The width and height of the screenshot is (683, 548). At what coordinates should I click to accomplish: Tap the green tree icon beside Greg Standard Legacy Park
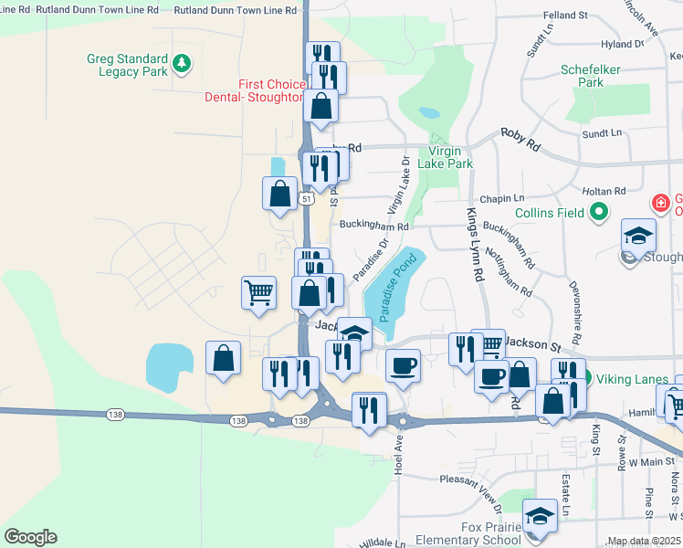point(183,62)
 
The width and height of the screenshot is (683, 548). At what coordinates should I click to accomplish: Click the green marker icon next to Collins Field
point(599,214)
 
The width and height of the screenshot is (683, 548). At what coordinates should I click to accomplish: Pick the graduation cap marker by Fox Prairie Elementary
point(541,516)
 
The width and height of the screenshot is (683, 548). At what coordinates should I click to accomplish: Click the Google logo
point(30,537)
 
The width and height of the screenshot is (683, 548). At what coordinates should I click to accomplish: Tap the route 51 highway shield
point(308,198)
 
